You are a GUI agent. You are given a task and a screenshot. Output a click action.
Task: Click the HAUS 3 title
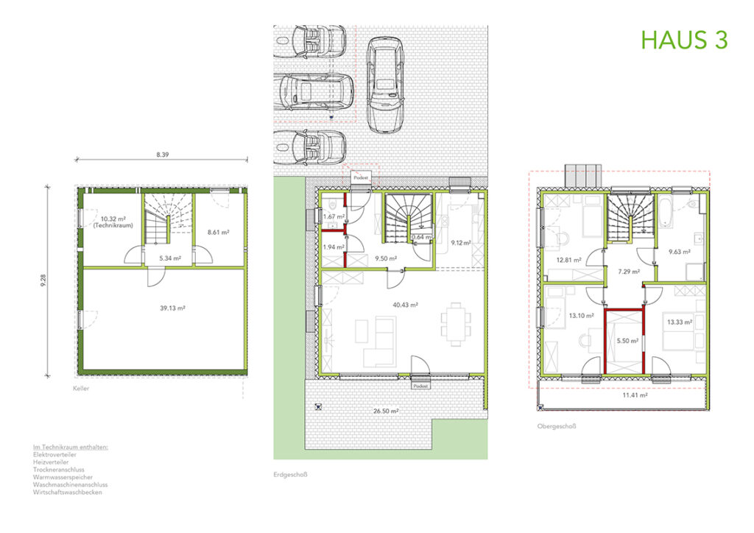pos(683,40)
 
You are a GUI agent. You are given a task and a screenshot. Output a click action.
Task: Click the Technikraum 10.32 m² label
pos(109,222)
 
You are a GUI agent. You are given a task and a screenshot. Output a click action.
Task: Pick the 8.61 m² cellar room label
pos(219,233)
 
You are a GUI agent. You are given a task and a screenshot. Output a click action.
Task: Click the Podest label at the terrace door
pos(420,386)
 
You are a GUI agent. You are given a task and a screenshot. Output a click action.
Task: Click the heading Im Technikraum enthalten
pos(71,448)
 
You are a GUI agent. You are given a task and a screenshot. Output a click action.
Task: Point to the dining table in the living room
pos(456,321)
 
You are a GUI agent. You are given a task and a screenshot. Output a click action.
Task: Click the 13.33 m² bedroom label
pos(677,322)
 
